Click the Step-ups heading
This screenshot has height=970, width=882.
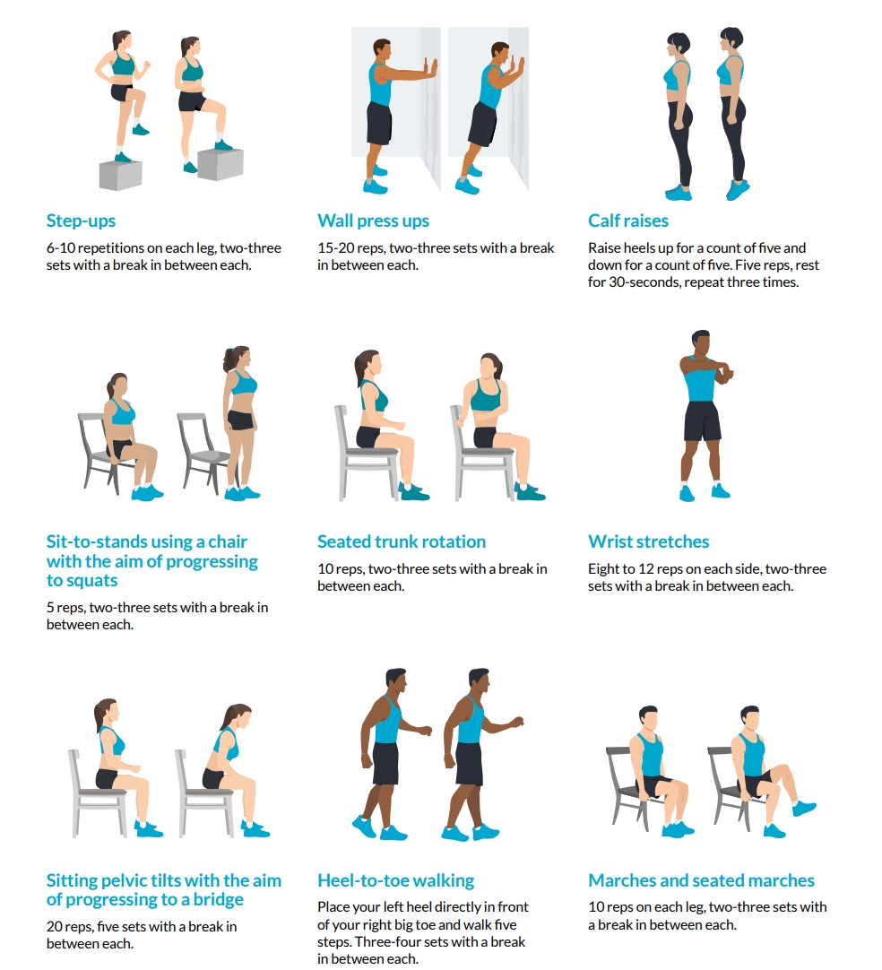coord(81,221)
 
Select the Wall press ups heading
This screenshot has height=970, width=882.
coord(373,221)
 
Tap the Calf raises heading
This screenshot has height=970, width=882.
coord(627,221)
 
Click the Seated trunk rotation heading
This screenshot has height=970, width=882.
coord(402,542)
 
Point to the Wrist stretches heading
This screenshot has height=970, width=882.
coord(648,542)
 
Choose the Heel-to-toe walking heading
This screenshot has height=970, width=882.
coord(395,881)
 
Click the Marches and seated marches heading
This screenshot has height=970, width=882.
coord(701,881)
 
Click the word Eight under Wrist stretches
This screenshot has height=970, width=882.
coord(604,569)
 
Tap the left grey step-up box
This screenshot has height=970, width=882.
coord(120,175)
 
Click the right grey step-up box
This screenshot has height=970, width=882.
coord(220,163)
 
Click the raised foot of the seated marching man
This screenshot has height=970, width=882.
coord(804,808)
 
